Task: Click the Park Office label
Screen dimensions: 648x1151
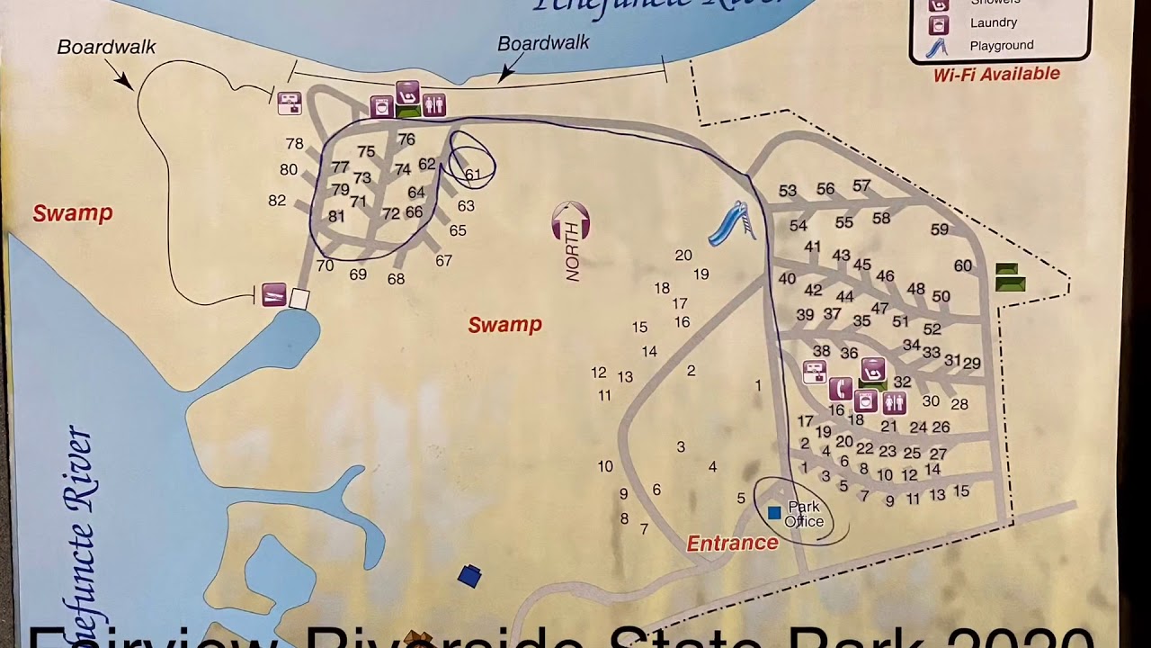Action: [x=804, y=514]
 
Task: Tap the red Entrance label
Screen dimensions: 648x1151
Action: [x=732, y=543]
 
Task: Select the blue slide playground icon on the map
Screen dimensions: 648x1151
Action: [x=731, y=222]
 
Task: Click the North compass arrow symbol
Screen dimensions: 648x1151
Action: [x=571, y=222]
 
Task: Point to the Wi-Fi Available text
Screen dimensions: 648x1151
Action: [x=996, y=75]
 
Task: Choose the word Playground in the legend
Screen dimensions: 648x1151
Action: [x=1001, y=46]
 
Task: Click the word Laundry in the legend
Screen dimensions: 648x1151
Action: [x=994, y=22]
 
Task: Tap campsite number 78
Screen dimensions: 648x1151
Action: [x=294, y=144]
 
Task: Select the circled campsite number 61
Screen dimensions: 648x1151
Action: [x=472, y=175]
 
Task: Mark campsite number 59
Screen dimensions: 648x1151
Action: [x=939, y=230]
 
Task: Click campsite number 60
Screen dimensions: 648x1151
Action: [x=962, y=265]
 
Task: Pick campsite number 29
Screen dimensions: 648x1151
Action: [x=971, y=364]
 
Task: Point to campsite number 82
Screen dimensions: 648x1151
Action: [x=277, y=201]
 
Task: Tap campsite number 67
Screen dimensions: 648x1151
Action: [x=443, y=261]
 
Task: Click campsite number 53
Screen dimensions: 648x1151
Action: [x=788, y=191]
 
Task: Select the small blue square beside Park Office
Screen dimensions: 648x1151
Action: [x=774, y=512]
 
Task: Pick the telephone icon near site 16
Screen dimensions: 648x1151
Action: [x=840, y=389]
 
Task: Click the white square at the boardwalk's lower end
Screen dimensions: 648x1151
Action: [x=299, y=299]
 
